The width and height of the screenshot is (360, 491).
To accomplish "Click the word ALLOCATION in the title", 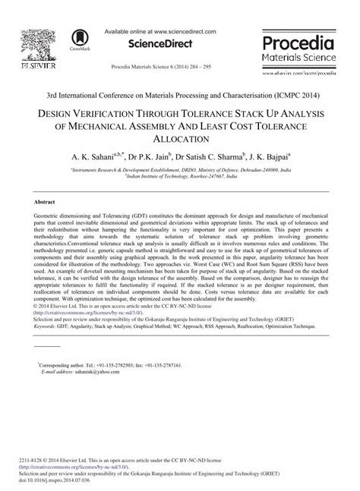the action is tap(180, 138).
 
